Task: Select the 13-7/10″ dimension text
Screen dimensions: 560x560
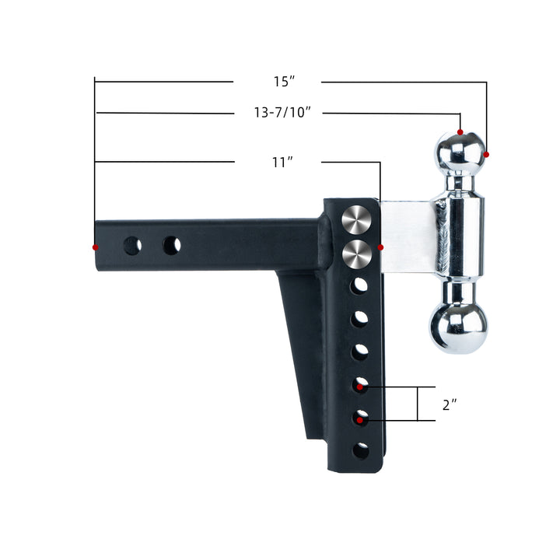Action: pos(282,114)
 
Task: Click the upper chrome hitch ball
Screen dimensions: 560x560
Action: pos(460,152)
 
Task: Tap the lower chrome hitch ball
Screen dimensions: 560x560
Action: pos(460,327)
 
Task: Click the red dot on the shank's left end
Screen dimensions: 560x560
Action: pos(96,247)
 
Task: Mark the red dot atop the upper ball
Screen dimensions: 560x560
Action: pos(460,133)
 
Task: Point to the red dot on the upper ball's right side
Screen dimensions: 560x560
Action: pos(487,155)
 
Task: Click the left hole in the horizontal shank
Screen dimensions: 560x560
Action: pos(132,246)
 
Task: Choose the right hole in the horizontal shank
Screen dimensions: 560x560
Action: pos(171,245)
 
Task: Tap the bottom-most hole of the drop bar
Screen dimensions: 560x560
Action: pos(361,450)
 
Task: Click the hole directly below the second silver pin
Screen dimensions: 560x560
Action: pos(359,286)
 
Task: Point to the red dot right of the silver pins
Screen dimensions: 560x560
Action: pos(381,247)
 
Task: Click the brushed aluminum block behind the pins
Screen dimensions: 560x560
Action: pos(408,236)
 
